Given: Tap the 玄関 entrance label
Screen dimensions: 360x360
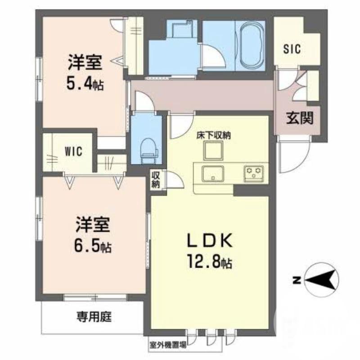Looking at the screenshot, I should (299, 119).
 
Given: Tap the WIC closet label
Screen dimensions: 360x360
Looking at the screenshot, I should (73, 151).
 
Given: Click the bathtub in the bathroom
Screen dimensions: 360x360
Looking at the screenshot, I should (252, 45).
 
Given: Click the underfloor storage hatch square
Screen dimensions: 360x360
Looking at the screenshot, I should (213, 150).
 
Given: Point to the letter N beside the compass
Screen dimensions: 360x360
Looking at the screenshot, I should (296, 280).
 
